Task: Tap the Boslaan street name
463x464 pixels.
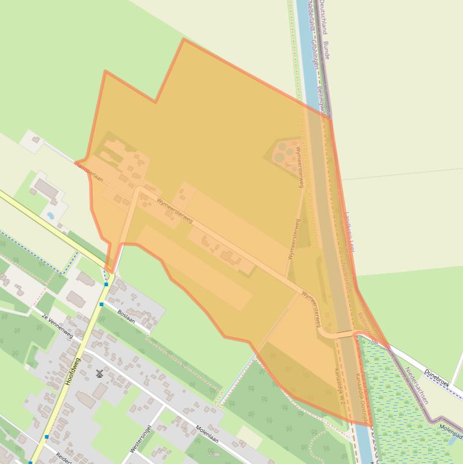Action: tap(126, 316)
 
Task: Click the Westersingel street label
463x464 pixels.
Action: tap(140, 439)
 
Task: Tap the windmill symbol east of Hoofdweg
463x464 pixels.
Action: tap(99, 374)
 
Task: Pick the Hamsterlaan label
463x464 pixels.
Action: tap(90, 175)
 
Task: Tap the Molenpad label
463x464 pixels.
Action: tap(450, 429)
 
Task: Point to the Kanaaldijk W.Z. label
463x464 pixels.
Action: tap(338, 386)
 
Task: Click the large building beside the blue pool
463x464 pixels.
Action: tap(46, 190)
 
